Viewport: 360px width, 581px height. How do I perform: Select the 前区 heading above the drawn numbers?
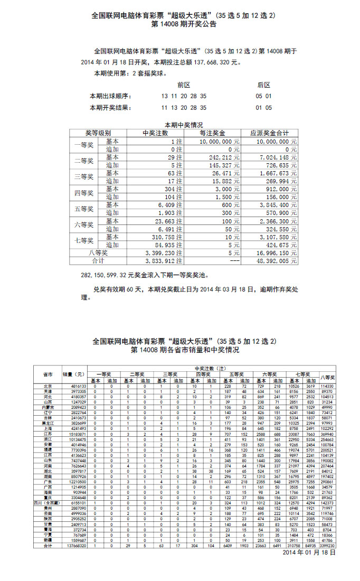click(x=183, y=85)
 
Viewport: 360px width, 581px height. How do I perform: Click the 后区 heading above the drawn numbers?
click(x=263, y=85)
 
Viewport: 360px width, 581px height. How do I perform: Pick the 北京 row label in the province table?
click(x=48, y=387)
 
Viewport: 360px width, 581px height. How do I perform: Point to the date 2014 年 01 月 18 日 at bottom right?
click(x=309, y=552)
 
